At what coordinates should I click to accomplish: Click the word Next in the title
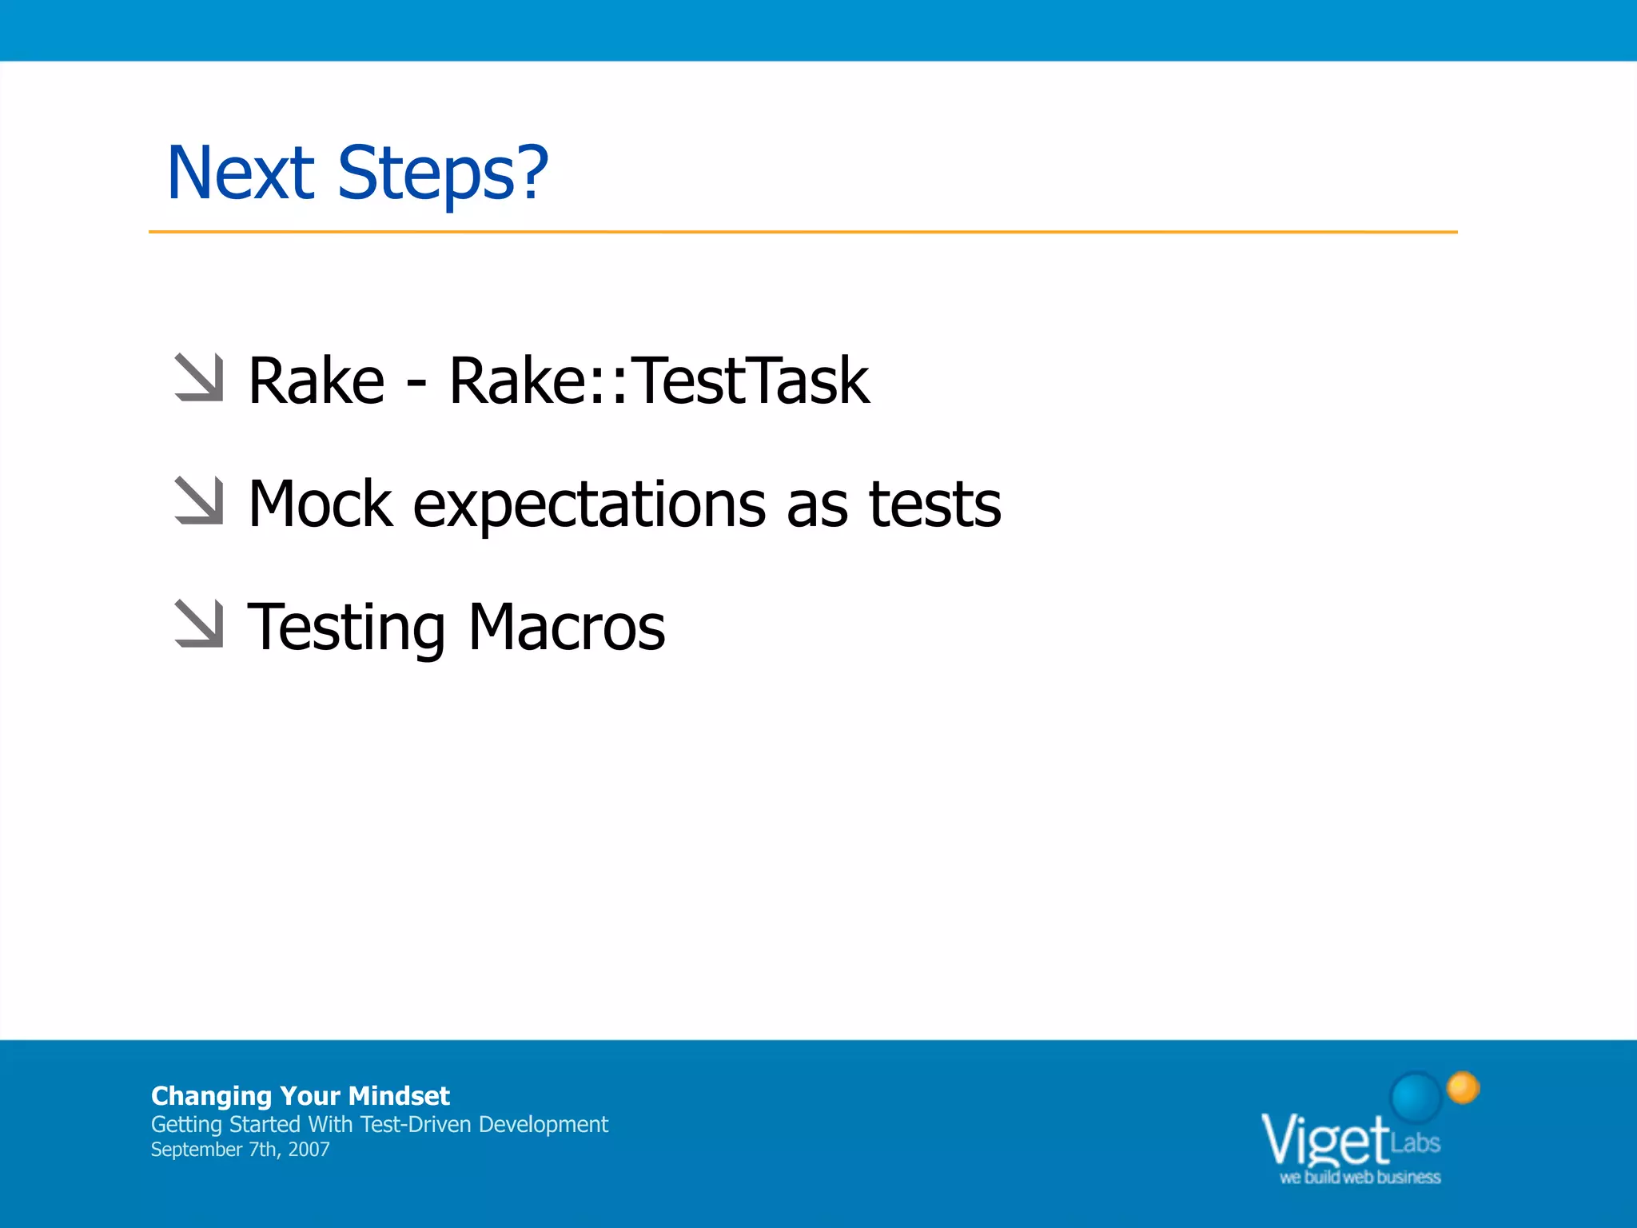[x=241, y=173]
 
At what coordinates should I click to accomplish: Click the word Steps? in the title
[x=443, y=174]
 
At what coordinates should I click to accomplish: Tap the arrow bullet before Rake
[x=198, y=377]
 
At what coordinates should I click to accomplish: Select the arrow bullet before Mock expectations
[x=198, y=500]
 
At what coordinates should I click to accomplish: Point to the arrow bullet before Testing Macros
[x=198, y=624]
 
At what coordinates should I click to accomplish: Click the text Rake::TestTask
[x=659, y=381]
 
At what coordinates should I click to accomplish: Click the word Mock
[x=321, y=504]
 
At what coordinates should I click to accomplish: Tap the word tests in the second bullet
[x=934, y=504]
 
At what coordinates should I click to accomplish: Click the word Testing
[x=346, y=628]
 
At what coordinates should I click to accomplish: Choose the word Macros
[x=567, y=627]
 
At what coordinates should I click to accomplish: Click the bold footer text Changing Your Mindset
[x=300, y=1095]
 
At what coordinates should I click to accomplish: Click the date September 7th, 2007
[x=240, y=1150]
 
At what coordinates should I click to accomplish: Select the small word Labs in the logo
[x=1415, y=1142]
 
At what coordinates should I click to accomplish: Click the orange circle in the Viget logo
[x=1464, y=1088]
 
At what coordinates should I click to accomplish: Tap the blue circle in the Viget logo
[x=1416, y=1096]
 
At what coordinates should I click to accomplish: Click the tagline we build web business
[x=1360, y=1177]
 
